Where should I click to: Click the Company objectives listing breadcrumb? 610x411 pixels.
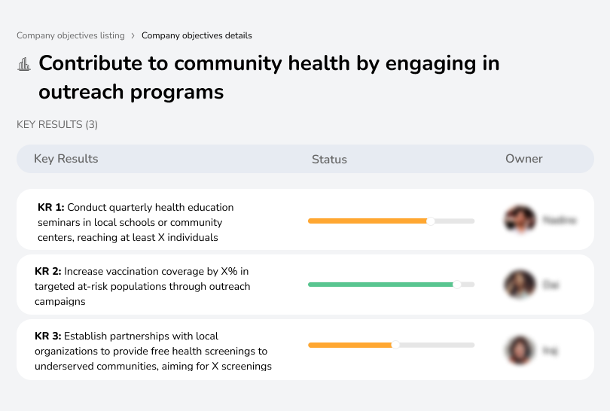(71, 35)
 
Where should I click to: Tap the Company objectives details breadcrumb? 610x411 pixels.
(197, 35)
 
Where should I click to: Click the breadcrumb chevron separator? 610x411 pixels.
(133, 35)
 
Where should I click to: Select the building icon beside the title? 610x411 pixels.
(24, 64)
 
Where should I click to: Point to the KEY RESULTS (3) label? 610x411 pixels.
(57, 124)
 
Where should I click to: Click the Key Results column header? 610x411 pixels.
(66, 159)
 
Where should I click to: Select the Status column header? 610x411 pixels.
(329, 160)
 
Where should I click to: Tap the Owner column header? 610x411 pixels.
(524, 159)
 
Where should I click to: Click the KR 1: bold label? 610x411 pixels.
(51, 207)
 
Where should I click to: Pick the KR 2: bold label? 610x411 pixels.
(48, 271)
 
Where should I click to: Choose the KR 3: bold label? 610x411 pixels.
(48, 336)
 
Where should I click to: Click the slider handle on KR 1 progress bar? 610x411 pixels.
(431, 221)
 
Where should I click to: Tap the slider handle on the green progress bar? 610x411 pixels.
(456, 285)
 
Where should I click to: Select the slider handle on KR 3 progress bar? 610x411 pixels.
(395, 345)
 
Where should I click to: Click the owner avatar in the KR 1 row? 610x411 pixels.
(520, 220)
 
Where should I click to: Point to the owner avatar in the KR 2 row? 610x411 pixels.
(519, 285)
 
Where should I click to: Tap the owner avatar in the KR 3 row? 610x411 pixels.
(519, 350)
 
